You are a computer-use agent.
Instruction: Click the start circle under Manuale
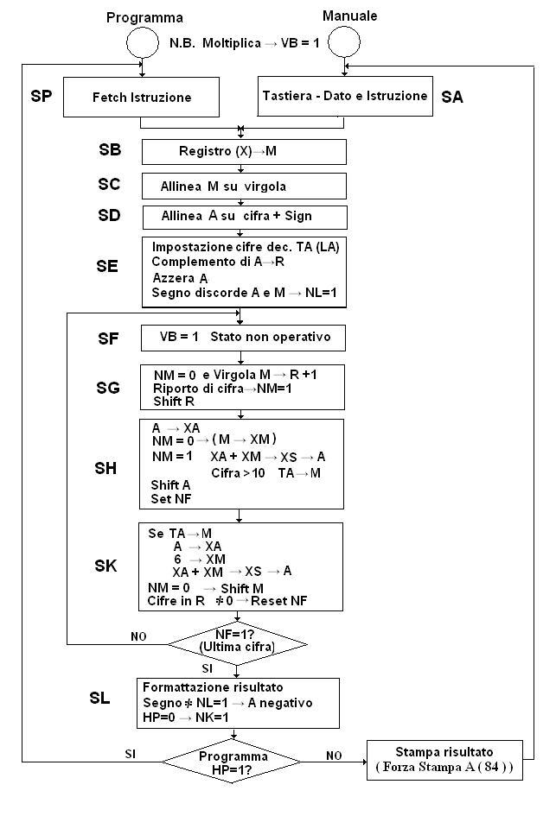coord(343,41)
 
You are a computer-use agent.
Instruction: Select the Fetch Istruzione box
coord(142,98)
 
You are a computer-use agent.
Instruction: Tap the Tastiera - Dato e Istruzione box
coord(345,96)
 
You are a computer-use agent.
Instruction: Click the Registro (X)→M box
coord(244,151)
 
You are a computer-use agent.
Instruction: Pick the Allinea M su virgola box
coord(244,186)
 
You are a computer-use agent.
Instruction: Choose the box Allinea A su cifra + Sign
coord(244,216)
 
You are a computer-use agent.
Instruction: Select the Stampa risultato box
coord(444,760)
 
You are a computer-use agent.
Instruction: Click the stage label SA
coord(452,98)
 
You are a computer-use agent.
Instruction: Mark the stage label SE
coord(107,266)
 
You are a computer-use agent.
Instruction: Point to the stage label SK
coord(106,566)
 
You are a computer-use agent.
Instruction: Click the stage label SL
coord(100,697)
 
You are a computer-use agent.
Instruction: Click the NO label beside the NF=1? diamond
coord(138,636)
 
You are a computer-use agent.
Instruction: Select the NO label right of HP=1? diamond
coord(334,755)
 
